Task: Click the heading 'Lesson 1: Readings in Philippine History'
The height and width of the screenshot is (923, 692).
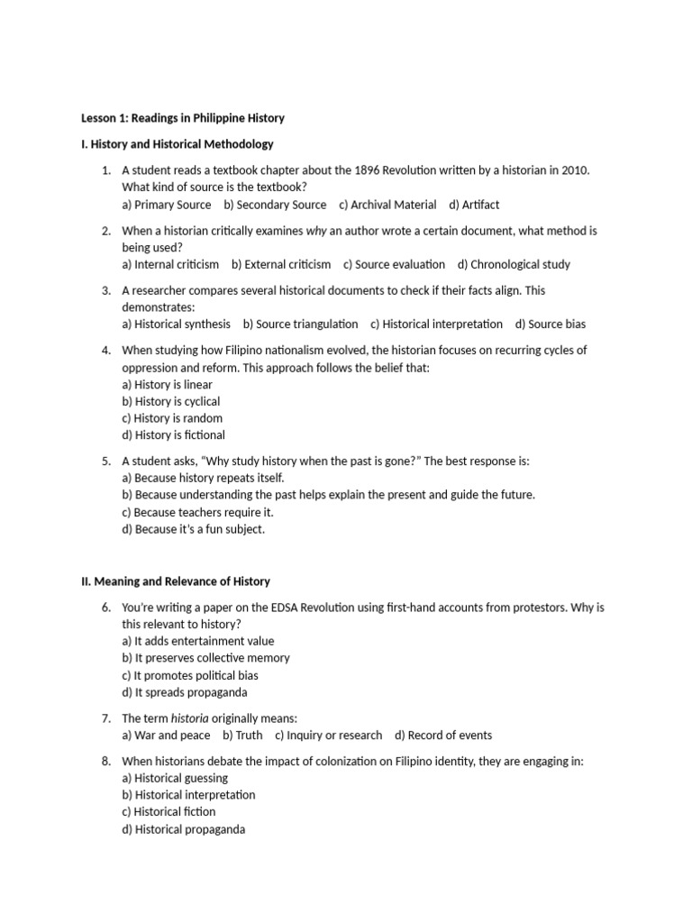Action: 183,118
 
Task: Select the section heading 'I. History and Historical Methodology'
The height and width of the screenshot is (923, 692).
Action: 178,144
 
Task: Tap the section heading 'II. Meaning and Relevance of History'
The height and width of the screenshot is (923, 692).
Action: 176,581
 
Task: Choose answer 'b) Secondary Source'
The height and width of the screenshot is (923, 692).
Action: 275,205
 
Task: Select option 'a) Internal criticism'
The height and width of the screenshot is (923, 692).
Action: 170,264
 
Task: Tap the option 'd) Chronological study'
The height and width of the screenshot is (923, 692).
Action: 514,264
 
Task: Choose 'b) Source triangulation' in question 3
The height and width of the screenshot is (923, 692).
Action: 300,324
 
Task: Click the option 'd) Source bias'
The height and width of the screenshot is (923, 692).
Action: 551,324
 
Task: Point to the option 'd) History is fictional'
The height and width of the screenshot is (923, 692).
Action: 174,435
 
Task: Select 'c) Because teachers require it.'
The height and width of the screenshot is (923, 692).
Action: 197,512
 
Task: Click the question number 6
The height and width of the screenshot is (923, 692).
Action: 105,608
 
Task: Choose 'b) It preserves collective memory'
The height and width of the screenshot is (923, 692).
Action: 205,658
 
